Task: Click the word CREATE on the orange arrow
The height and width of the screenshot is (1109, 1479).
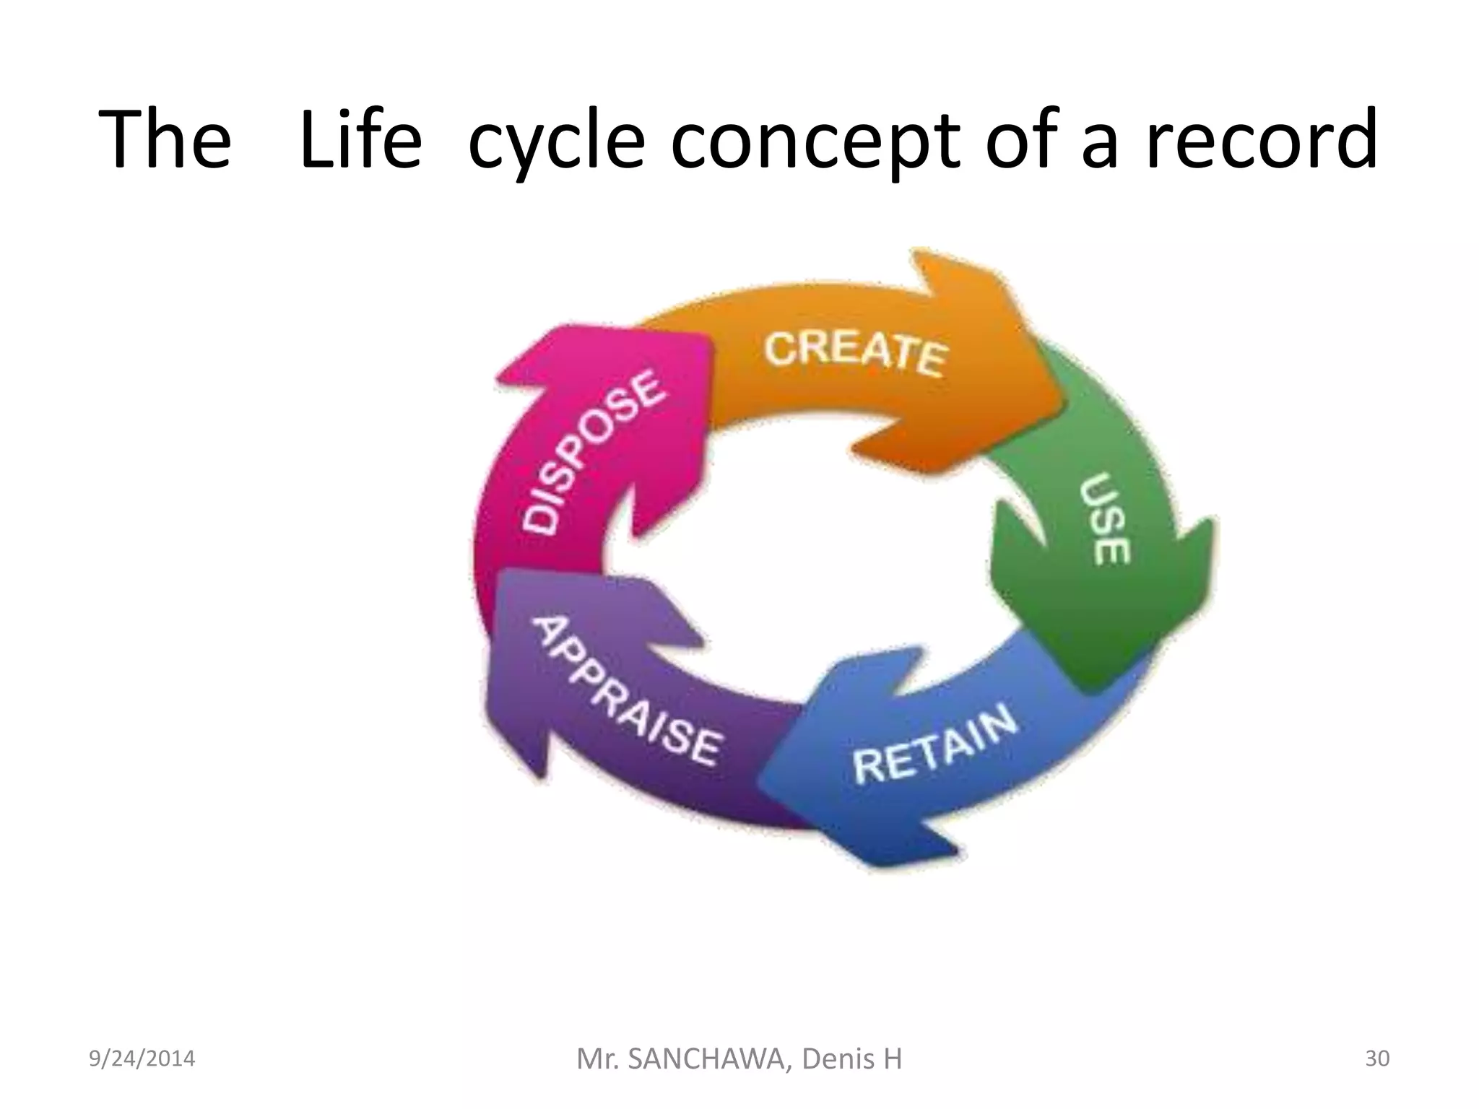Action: click(x=855, y=354)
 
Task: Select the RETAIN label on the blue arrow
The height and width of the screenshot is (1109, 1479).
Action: click(x=934, y=747)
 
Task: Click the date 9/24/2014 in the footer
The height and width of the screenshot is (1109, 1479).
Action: click(x=142, y=1058)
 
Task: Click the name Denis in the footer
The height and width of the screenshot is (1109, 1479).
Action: click(x=836, y=1059)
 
